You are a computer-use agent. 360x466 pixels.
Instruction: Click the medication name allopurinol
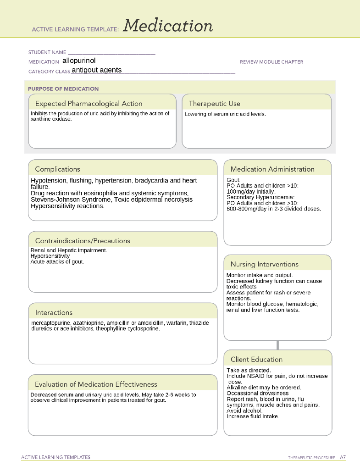click(79, 61)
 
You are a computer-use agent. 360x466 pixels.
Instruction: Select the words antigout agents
click(97, 70)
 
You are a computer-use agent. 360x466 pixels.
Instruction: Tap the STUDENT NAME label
click(47, 52)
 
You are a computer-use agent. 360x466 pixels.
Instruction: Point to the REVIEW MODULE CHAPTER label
click(271, 62)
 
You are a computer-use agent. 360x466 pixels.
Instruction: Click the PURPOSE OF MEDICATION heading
click(63, 89)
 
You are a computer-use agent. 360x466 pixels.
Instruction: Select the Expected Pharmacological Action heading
click(89, 104)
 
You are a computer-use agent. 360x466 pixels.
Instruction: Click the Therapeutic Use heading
click(214, 104)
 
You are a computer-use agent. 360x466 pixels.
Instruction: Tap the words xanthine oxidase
click(51, 119)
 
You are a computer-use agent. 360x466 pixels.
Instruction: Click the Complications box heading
click(58, 169)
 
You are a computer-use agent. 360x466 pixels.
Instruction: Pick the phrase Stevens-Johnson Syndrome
click(70, 200)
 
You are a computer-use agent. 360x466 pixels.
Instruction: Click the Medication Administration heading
click(272, 169)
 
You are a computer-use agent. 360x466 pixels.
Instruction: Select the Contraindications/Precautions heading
click(83, 241)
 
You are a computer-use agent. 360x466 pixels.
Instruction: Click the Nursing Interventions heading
click(264, 264)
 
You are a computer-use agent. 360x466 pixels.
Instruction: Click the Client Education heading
click(256, 359)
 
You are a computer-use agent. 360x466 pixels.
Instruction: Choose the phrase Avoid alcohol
click(244, 410)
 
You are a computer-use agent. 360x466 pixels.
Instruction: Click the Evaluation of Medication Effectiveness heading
click(96, 384)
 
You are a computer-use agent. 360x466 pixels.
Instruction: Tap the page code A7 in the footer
click(343, 457)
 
